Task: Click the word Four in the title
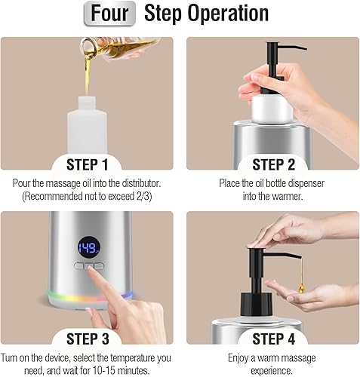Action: pos(109,13)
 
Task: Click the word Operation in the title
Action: pos(228,14)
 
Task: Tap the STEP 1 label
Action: pos(88,164)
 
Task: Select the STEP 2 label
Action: pos(273,164)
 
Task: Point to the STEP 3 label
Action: pos(88,339)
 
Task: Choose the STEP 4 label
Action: pos(273,339)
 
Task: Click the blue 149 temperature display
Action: pos(88,248)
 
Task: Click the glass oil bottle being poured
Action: pos(118,47)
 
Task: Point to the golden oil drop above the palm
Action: pos(302,288)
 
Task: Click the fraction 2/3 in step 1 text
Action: pos(144,196)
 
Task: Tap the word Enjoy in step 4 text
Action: pos(238,358)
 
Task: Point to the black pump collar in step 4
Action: pos(257,305)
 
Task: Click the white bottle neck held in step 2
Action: pos(272,109)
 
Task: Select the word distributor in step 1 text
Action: pos(141,183)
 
